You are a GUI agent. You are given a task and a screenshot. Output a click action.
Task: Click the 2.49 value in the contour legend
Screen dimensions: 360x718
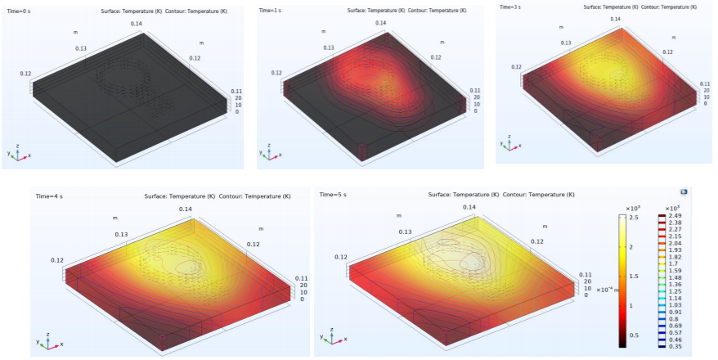pyautogui.click(x=674, y=215)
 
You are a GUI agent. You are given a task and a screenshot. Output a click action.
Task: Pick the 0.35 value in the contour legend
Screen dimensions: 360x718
pyautogui.click(x=674, y=347)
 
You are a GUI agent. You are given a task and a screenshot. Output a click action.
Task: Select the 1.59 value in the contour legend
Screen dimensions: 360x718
pyautogui.click(x=674, y=272)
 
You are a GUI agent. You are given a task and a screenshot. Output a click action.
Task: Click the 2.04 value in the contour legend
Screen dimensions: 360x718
pyautogui.click(x=674, y=244)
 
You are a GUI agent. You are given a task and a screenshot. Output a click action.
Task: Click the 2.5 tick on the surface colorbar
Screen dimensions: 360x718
pyautogui.click(x=634, y=218)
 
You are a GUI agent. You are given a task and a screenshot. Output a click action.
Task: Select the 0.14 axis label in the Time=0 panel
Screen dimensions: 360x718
pyautogui.click(x=136, y=24)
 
